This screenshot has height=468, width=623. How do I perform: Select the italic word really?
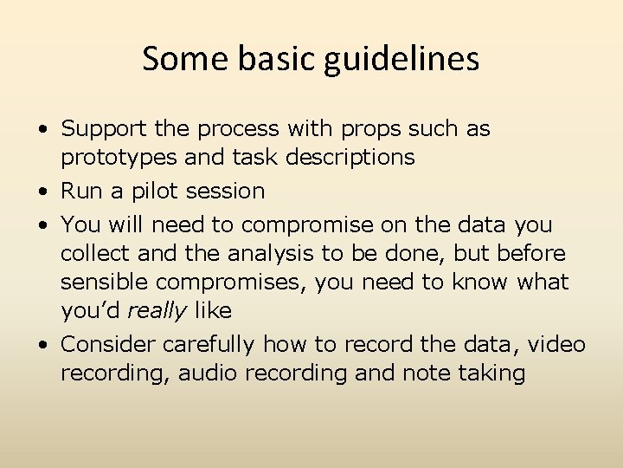[157, 310]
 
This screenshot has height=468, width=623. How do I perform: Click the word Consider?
[108, 344]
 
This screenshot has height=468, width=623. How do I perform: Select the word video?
[556, 344]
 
